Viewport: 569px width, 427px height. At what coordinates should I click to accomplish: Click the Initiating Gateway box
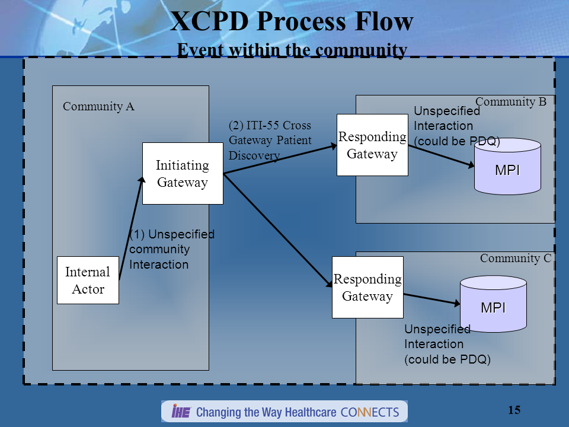click(183, 174)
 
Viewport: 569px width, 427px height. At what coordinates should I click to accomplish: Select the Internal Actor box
click(88, 281)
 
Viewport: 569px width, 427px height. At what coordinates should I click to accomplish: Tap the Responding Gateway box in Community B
click(372, 145)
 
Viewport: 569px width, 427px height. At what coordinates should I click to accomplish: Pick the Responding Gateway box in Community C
click(367, 288)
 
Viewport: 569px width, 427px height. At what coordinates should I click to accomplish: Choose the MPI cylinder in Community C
click(493, 305)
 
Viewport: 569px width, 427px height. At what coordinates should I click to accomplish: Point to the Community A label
click(98, 107)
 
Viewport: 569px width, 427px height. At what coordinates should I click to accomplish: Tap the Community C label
click(515, 258)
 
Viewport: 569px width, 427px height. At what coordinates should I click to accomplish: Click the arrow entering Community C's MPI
click(432, 299)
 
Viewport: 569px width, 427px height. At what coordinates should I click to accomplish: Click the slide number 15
click(514, 410)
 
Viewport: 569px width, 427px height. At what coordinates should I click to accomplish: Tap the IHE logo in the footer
click(180, 412)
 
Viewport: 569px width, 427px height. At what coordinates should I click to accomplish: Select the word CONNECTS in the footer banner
click(371, 412)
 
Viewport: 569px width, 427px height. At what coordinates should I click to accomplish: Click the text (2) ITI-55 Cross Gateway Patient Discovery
click(270, 141)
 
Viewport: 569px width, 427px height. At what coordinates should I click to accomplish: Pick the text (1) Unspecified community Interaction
click(171, 249)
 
